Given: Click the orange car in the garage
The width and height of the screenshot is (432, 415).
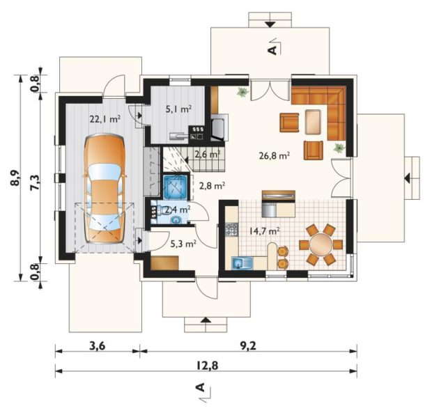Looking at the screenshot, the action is pyautogui.click(x=104, y=189).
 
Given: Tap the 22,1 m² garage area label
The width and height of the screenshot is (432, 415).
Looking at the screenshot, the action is pyautogui.click(x=105, y=119).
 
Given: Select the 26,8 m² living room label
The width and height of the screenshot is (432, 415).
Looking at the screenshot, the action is pyautogui.click(x=274, y=156).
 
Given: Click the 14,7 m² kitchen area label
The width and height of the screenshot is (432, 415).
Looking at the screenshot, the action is pyautogui.click(x=265, y=230).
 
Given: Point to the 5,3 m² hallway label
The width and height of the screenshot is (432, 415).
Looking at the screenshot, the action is pyautogui.click(x=183, y=244).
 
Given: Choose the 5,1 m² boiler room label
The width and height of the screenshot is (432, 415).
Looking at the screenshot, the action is pyautogui.click(x=178, y=109).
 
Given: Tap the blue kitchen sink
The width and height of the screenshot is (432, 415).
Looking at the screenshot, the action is pyautogui.click(x=242, y=263).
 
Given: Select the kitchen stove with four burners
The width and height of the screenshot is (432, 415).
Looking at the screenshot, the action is pyautogui.click(x=231, y=229).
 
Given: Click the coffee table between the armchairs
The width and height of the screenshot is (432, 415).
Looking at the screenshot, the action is pyautogui.click(x=313, y=122).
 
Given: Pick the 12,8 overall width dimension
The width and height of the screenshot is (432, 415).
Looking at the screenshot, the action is pyautogui.click(x=207, y=366).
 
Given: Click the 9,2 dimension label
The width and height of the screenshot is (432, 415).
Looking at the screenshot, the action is pyautogui.click(x=248, y=346).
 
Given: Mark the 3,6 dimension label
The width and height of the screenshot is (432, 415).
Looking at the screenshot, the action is pyautogui.click(x=98, y=346).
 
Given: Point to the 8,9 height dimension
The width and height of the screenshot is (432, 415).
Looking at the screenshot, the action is pyautogui.click(x=16, y=178).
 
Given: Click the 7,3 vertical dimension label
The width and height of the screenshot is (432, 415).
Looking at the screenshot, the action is pyautogui.click(x=36, y=182).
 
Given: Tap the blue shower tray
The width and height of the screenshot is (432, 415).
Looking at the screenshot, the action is pyautogui.click(x=175, y=187).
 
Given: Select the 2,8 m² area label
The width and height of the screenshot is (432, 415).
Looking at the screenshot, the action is pyautogui.click(x=212, y=186).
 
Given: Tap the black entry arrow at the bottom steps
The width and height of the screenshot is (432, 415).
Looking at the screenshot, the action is pyautogui.click(x=206, y=320).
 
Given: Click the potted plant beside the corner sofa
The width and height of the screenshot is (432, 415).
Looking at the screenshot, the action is pyautogui.click(x=339, y=148).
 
